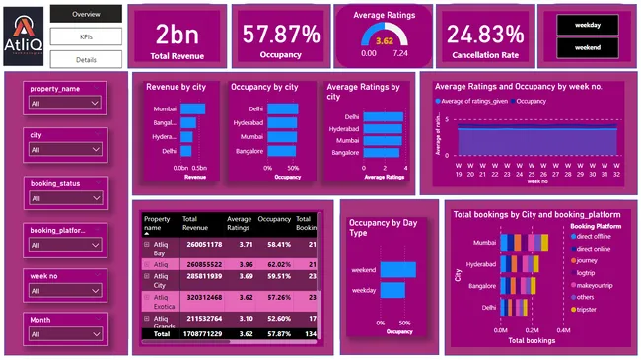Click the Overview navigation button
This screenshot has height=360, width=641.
pos(86,15)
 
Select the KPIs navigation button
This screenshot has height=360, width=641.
pos(86,36)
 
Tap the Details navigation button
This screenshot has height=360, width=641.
pos(86,59)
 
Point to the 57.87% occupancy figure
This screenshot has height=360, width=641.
pos(280,34)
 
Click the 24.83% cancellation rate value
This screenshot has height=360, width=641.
pos(484,34)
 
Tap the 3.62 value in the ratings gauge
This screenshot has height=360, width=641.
pos(385,40)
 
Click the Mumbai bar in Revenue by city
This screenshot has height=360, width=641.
pos(193,108)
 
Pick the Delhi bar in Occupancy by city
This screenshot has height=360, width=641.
pos(283,108)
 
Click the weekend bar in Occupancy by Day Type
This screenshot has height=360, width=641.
pos(398,270)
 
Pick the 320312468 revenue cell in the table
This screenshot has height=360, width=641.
pos(202,296)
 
